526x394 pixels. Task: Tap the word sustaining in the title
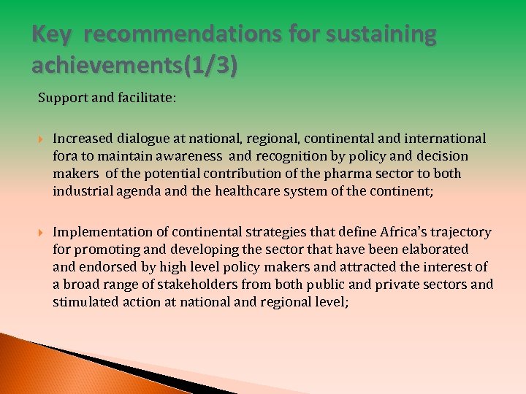tap(389, 34)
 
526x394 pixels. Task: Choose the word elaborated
tap(432, 250)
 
